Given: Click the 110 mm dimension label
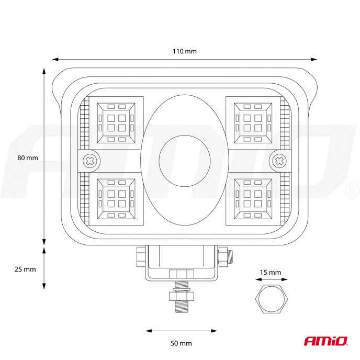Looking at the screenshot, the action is click(185, 51).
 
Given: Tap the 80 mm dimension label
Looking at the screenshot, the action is click(28, 158).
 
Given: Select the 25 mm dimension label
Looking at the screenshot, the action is click(25, 269).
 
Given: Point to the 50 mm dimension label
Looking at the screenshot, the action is click(181, 343).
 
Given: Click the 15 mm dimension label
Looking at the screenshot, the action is click(271, 273).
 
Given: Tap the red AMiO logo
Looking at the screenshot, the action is click(326, 341).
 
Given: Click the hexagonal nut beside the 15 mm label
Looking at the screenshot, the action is click(272, 299).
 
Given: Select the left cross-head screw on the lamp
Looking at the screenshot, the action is click(90, 161).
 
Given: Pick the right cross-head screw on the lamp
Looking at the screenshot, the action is click(279, 161).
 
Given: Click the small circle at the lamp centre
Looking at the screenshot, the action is click(185, 161).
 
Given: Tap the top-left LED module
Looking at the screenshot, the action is click(116, 123).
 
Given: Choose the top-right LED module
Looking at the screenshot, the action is click(253, 123).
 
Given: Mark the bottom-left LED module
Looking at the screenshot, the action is click(116, 199).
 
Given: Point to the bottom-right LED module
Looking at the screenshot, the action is click(253, 199).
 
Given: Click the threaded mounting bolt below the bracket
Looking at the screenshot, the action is click(182, 297).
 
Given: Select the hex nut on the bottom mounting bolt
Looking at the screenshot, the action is click(182, 296).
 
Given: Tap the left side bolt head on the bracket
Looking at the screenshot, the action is click(141, 257).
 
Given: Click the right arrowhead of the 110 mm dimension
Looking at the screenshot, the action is click(314, 60).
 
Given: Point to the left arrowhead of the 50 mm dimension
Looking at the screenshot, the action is click(149, 331).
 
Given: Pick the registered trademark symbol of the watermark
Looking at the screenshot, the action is click(353, 190).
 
